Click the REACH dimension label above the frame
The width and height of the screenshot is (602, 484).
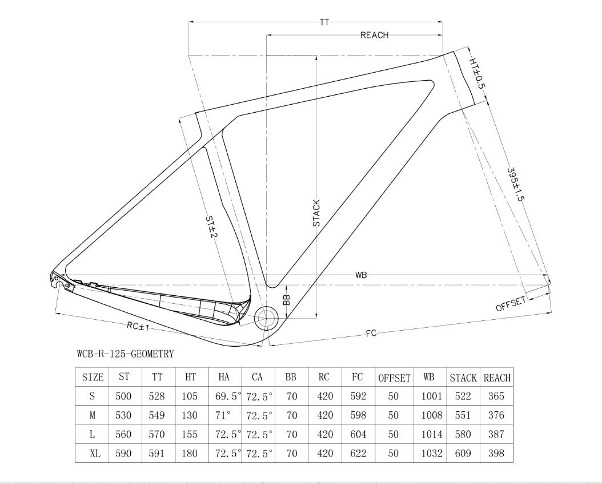click(374, 35)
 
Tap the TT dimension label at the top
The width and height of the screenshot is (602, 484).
click(324, 22)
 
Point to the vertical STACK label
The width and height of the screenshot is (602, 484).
click(316, 213)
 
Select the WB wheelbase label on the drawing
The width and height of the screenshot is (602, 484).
click(361, 275)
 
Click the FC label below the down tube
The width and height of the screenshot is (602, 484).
click(371, 333)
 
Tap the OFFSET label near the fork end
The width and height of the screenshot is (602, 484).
click(511, 304)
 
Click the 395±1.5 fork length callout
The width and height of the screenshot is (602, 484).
click(515, 185)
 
